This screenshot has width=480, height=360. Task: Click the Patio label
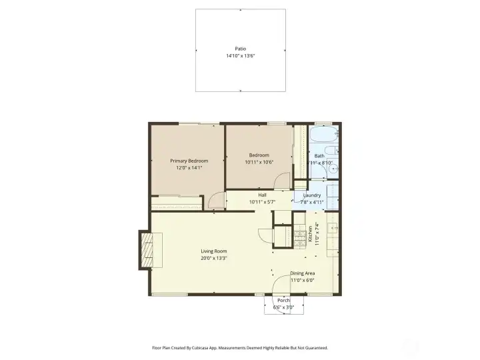click(240, 49)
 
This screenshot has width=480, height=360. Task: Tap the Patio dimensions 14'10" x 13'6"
click(240, 56)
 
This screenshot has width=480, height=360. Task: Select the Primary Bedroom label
click(189, 161)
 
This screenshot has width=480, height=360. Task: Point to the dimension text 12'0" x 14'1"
click(189, 168)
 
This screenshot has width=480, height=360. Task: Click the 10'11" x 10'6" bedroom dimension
click(259, 162)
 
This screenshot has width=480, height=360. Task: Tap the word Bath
click(319, 156)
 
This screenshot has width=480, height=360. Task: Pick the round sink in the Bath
click(331, 169)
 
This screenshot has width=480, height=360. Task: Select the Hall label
click(262, 195)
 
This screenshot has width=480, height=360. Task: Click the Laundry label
click(312, 195)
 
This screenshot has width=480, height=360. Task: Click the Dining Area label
click(302, 273)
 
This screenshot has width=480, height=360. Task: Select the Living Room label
click(214, 251)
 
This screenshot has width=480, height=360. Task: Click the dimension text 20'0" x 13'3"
click(214, 258)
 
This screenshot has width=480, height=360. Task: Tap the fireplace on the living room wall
click(146, 249)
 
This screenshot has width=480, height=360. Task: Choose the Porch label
click(283, 301)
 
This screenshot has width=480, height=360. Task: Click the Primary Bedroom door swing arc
click(216, 200)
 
